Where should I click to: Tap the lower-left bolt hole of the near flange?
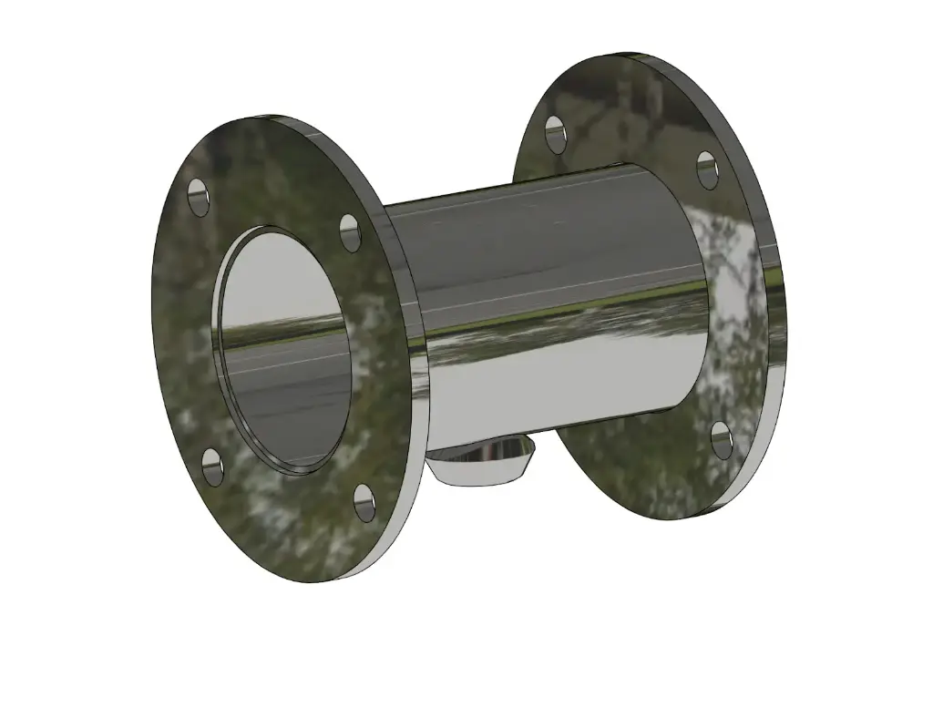click(210, 467)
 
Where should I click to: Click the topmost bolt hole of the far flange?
click(555, 132)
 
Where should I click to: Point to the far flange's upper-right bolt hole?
click(708, 170)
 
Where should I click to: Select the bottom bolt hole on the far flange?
click(721, 440)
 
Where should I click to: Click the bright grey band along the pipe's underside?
click(565, 383)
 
